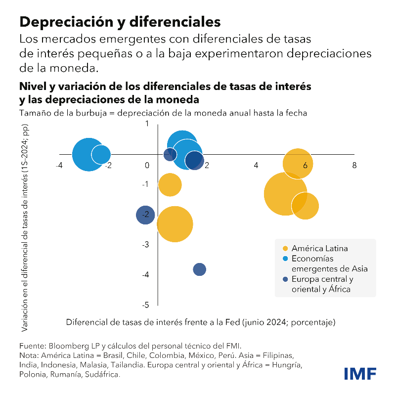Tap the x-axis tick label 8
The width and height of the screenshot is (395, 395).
click(x=354, y=165)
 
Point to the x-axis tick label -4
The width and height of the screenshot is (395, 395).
click(x=59, y=165)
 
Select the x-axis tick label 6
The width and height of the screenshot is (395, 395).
click(x=305, y=165)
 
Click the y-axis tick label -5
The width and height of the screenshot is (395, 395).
click(x=145, y=305)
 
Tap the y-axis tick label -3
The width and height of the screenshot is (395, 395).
click(x=145, y=245)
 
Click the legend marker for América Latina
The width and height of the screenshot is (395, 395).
click(x=285, y=248)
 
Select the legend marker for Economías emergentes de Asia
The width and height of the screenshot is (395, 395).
click(x=285, y=259)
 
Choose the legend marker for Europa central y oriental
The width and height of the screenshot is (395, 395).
click(x=285, y=279)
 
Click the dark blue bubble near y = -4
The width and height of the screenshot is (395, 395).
click(x=199, y=269)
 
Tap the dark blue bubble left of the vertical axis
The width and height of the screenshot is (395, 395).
click(x=145, y=215)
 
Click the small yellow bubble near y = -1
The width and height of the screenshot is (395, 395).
click(x=170, y=185)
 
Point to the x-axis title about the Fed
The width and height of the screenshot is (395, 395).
click(x=201, y=322)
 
